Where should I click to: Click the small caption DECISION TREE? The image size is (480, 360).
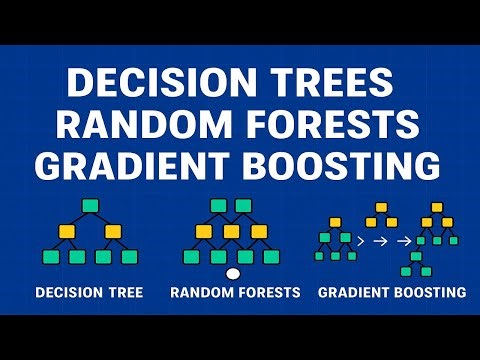[x=89, y=293]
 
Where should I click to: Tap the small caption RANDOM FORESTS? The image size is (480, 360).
[x=235, y=293]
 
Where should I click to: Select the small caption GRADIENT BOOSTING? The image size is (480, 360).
[x=392, y=293]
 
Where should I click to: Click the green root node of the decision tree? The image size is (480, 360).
[x=90, y=206]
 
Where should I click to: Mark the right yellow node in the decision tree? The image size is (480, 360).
[x=116, y=232]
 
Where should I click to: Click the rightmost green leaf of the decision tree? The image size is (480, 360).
[x=129, y=257]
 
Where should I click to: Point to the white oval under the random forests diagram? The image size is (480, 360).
[x=234, y=273]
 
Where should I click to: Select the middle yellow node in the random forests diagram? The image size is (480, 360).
[x=233, y=232]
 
